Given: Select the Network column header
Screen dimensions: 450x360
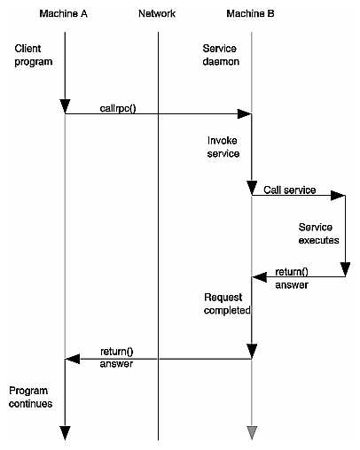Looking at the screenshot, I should [x=158, y=13].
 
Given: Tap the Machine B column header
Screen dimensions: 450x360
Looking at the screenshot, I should [x=252, y=13].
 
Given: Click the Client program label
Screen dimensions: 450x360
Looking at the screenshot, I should [x=34, y=55].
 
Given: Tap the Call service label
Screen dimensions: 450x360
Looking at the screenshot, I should [x=290, y=190].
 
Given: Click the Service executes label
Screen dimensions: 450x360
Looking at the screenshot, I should [x=318, y=233].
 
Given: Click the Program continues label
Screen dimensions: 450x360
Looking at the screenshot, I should [x=31, y=397].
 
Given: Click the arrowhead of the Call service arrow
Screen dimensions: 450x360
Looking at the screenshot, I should [x=339, y=198].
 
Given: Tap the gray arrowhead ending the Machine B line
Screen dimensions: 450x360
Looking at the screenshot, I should [x=252, y=433].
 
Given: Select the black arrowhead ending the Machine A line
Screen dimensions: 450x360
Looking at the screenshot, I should [x=65, y=432].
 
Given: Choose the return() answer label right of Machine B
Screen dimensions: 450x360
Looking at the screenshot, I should [x=293, y=277].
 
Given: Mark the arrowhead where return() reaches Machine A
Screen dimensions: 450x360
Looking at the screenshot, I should [x=72, y=359].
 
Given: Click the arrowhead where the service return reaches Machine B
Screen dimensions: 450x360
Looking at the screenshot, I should [x=259, y=277].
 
